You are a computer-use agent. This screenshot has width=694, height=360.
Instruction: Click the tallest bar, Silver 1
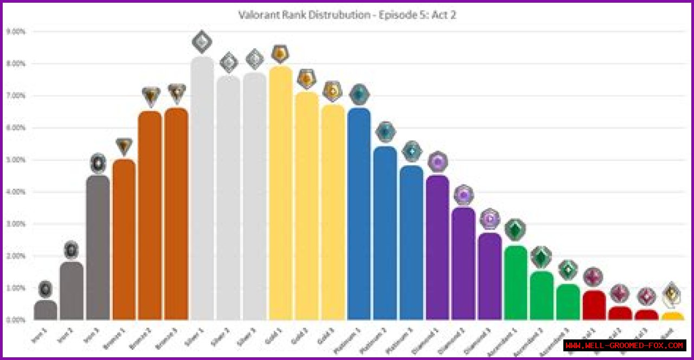[202, 190]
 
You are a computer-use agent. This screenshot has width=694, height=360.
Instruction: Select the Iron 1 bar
[46, 311]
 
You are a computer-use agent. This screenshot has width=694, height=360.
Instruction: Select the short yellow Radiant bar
[672, 316]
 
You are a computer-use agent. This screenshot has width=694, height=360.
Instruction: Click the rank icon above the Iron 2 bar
[72, 250]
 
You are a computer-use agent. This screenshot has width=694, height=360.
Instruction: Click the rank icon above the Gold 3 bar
[332, 91]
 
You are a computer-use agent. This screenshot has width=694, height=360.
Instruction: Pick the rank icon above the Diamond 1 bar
[438, 162]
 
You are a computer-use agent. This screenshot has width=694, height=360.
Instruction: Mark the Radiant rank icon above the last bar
[672, 294]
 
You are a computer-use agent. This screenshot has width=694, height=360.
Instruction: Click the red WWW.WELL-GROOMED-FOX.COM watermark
[625, 345]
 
